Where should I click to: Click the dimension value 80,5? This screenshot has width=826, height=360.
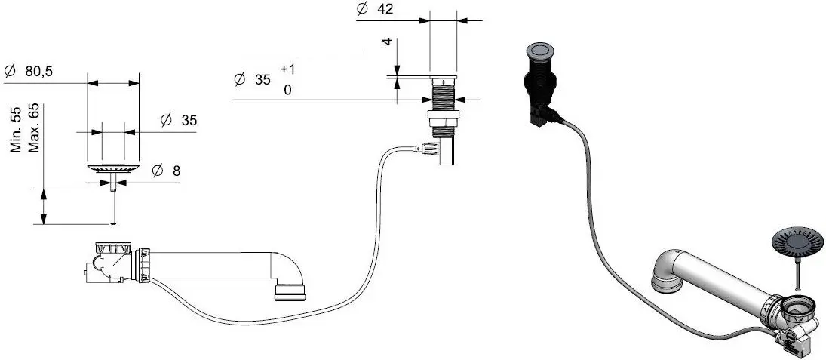(38, 72)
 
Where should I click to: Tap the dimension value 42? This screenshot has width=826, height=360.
(385, 9)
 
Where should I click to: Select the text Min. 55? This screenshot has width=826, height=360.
(17, 130)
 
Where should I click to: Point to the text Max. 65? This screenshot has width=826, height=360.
(34, 128)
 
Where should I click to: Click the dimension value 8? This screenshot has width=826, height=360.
(176, 171)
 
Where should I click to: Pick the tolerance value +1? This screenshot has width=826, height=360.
(287, 69)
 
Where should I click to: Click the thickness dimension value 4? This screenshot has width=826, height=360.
(388, 42)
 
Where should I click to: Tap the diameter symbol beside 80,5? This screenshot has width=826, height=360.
(10, 72)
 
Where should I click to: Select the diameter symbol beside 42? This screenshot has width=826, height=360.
(362, 9)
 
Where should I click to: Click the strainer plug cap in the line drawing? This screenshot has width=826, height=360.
(113, 168)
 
